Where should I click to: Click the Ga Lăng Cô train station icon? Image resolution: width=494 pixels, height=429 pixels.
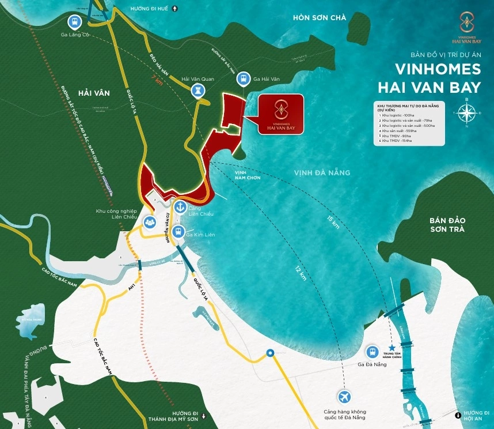(73, 22)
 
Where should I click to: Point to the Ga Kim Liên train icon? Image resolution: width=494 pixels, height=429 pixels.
(178, 232)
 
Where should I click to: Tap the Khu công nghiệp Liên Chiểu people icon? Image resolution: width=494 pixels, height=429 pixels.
(149, 220)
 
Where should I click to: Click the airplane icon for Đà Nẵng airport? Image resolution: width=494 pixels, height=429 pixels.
(344, 397)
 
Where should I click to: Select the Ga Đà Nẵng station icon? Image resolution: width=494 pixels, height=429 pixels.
(373, 351)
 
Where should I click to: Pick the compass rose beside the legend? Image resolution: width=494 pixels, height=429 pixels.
(466, 114)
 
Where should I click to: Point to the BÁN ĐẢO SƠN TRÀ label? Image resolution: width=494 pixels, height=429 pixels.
(451, 225)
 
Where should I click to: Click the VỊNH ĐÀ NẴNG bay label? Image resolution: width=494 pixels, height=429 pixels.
(322, 172)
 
